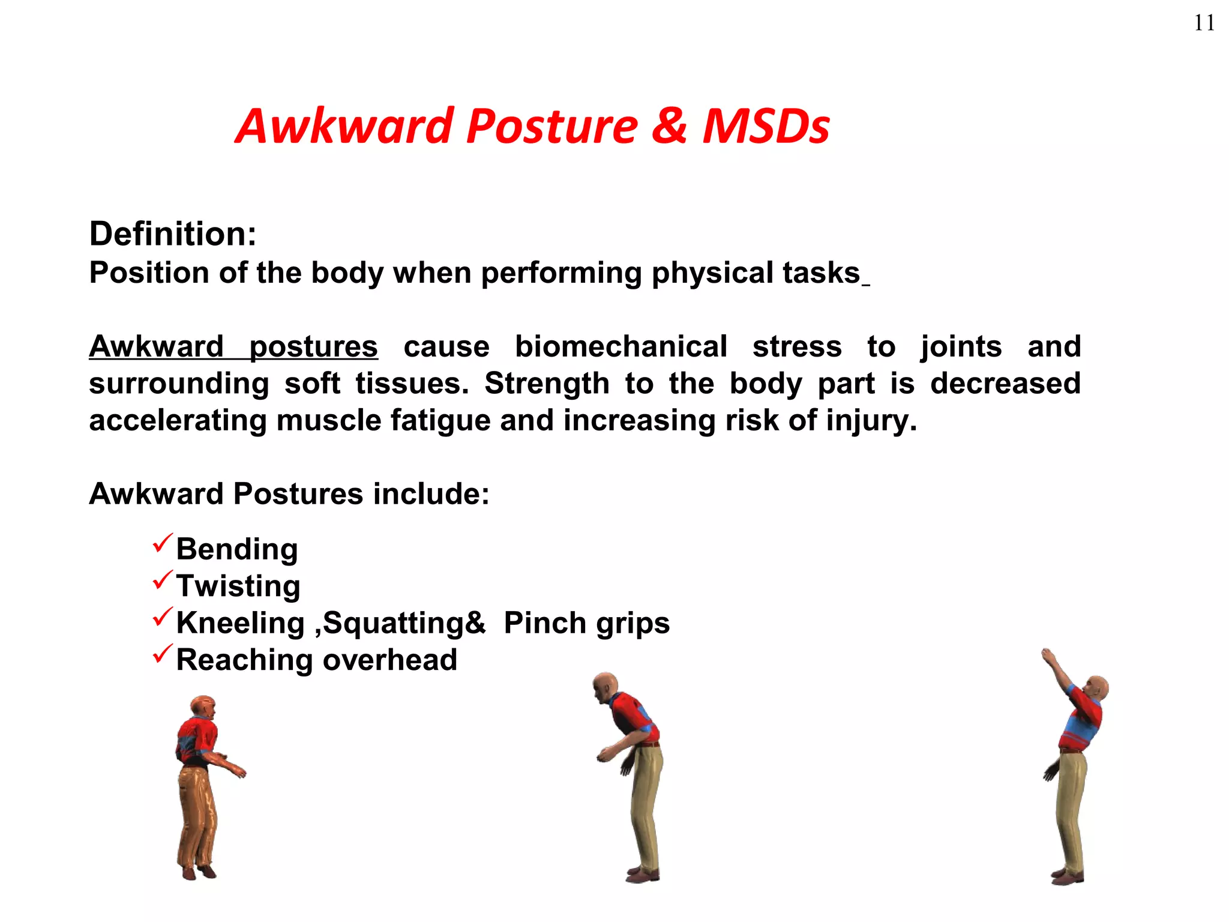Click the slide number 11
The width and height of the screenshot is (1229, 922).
point(1204,23)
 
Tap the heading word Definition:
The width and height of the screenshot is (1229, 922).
point(173,234)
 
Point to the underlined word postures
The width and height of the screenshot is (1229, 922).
point(313,347)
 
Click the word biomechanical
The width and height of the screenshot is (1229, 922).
point(621,347)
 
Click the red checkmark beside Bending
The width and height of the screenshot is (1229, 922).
point(163,543)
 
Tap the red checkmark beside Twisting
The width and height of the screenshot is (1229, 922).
point(163,580)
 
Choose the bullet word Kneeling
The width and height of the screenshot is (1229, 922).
point(241,623)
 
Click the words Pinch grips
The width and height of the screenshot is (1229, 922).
point(586,623)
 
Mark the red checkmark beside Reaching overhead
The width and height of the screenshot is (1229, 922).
point(163,654)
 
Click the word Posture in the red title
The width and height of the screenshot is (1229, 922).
point(551,127)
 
